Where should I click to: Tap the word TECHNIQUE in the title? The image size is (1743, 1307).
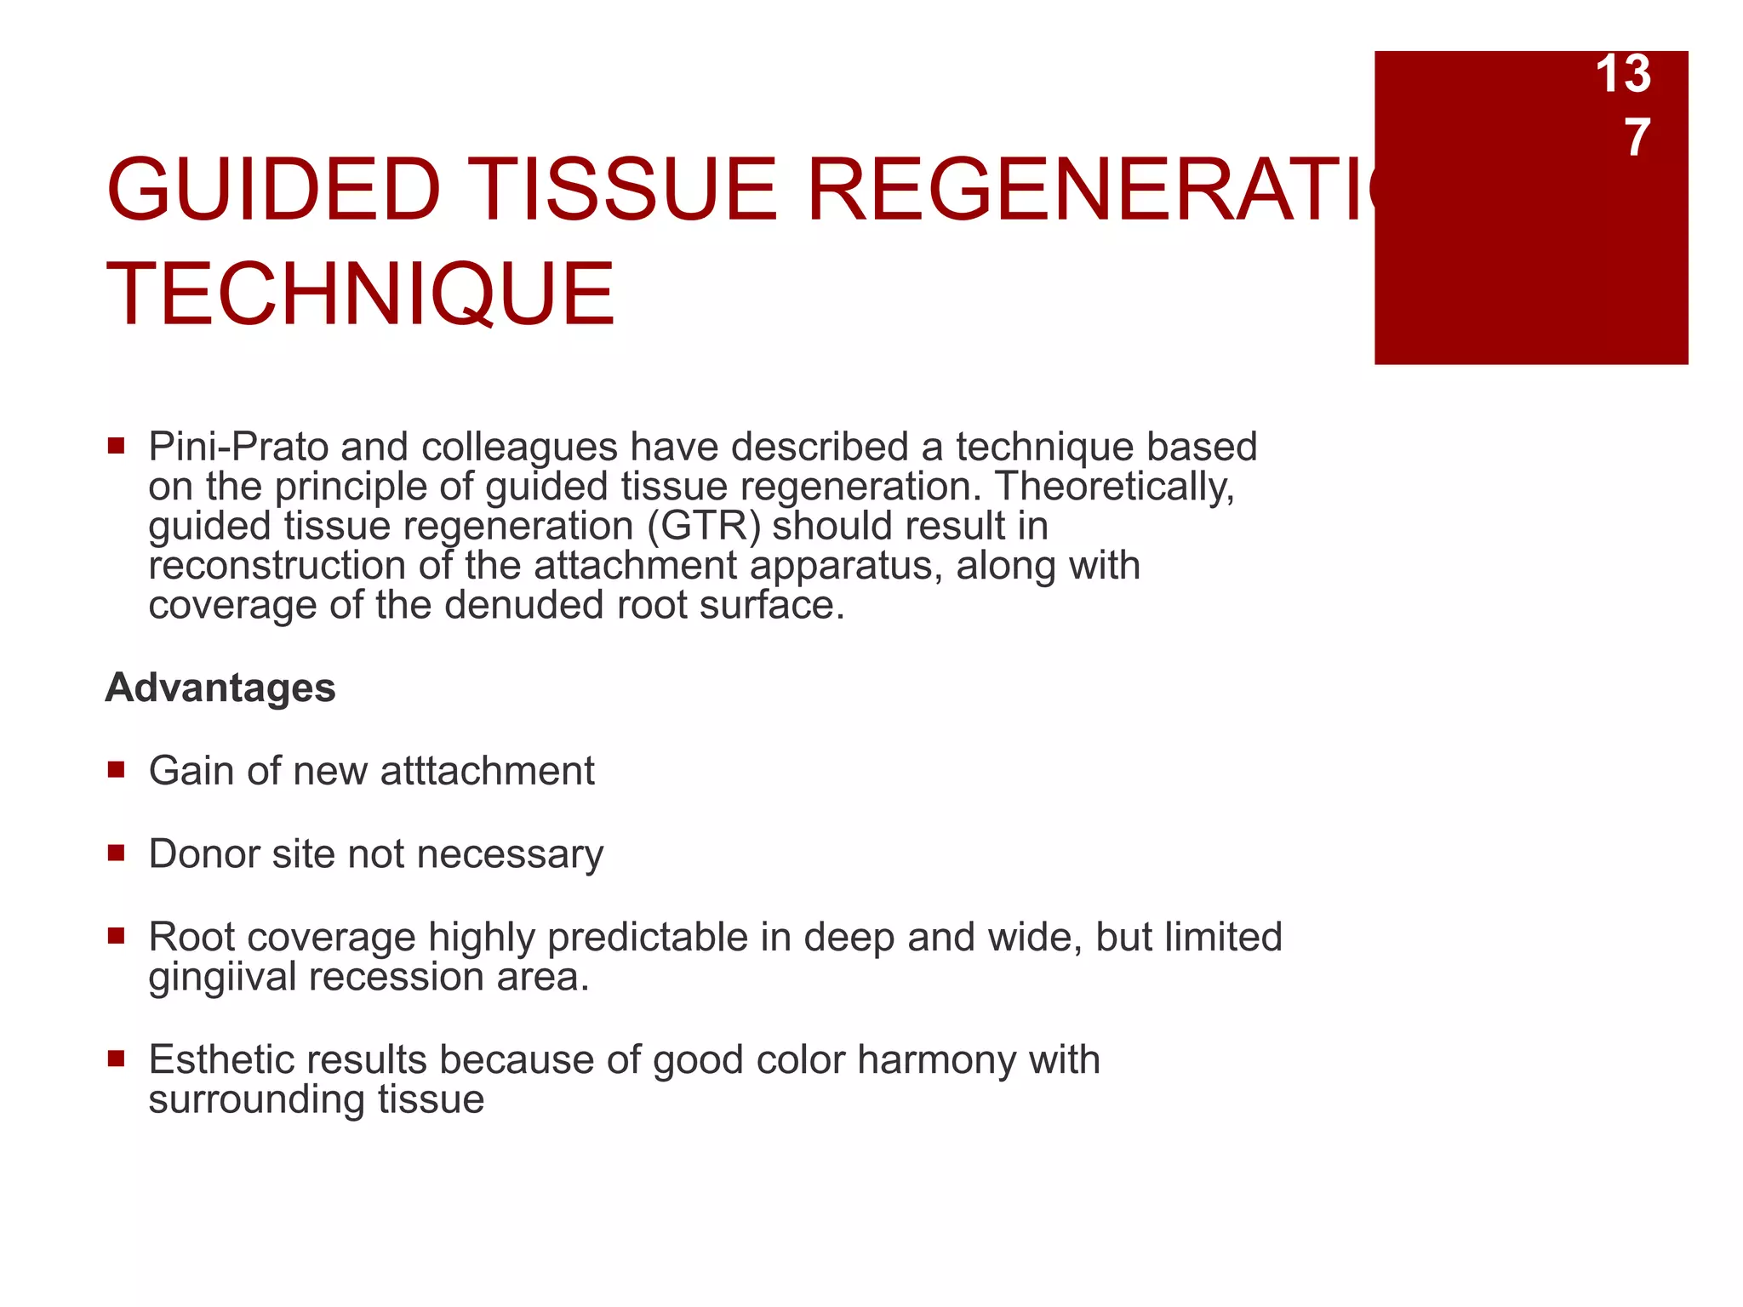coord(360,294)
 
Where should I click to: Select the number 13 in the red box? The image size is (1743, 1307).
coord(1622,74)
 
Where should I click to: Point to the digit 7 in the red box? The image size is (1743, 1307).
coord(1637,138)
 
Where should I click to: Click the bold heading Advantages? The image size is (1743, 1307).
coord(220,688)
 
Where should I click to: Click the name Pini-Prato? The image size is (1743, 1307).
coord(238,447)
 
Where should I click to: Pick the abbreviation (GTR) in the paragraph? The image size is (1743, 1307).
coord(704,526)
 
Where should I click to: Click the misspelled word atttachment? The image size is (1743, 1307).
coord(487,771)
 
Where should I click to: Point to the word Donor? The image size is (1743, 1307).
coord(204,853)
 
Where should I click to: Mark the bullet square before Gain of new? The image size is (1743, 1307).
coord(117,770)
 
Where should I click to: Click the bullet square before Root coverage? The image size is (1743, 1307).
coord(117,937)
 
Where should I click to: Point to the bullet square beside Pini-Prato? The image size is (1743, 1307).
coord(117,446)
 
